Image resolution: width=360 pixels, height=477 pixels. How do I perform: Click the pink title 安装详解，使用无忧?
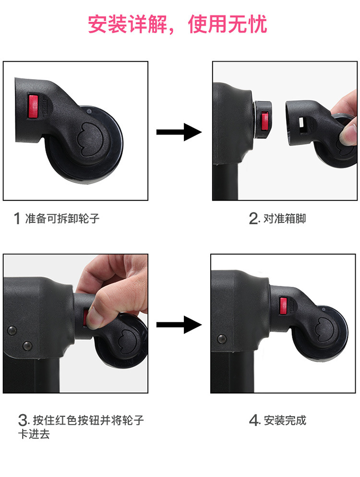[178, 24]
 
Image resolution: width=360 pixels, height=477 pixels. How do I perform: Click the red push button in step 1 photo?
[33, 106]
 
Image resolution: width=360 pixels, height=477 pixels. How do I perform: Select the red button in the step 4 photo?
[283, 306]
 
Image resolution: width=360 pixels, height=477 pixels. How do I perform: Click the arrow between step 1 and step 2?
[179, 132]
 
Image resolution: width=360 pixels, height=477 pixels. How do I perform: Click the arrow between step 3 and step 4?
[179, 325]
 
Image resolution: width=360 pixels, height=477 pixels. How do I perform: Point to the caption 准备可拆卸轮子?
[62, 219]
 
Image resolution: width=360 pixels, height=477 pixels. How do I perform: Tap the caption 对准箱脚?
[285, 219]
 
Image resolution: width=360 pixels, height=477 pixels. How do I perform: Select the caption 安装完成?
[285, 420]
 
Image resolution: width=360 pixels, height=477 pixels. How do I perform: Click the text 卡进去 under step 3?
[34, 434]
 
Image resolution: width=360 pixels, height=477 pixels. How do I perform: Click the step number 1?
[17, 219]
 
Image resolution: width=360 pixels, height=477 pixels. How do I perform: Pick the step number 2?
[254, 219]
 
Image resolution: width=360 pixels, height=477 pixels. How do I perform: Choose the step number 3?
[23, 420]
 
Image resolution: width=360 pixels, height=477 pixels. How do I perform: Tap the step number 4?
[254, 420]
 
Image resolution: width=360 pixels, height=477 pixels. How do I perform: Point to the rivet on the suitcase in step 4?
[222, 338]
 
